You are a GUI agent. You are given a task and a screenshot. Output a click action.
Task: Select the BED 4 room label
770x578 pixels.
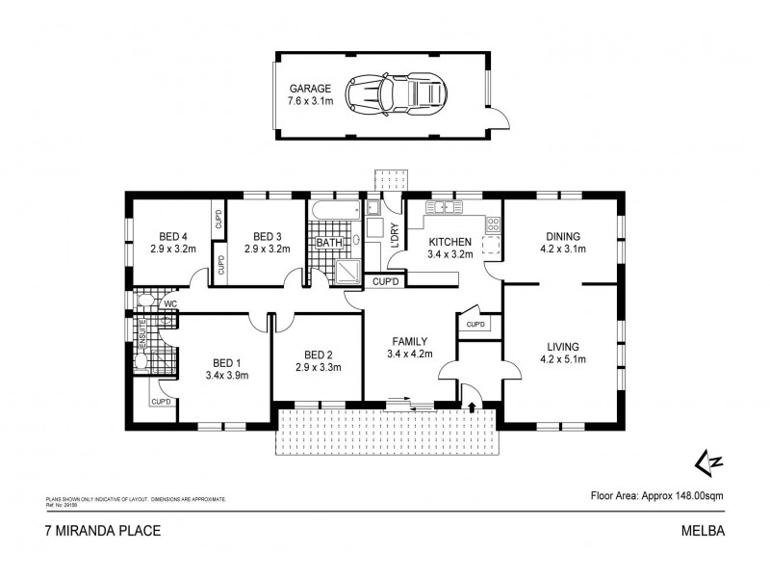pyautogui.click(x=173, y=236)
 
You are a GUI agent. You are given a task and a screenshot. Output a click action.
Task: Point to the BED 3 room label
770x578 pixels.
pyautogui.click(x=267, y=236)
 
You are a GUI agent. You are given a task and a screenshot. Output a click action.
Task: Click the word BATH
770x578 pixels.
pyautogui.click(x=328, y=243)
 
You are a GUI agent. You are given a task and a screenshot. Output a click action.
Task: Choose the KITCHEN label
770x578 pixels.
pyautogui.click(x=449, y=242)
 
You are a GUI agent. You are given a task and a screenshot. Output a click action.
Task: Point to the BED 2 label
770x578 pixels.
pyautogui.click(x=318, y=355)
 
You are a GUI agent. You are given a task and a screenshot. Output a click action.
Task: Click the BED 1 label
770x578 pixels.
pyautogui.click(x=227, y=364)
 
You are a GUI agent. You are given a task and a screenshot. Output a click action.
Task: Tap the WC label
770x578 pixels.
pyautogui.click(x=169, y=304)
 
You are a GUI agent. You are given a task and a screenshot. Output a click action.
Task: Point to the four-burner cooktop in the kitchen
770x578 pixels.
pyautogui.click(x=493, y=224)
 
